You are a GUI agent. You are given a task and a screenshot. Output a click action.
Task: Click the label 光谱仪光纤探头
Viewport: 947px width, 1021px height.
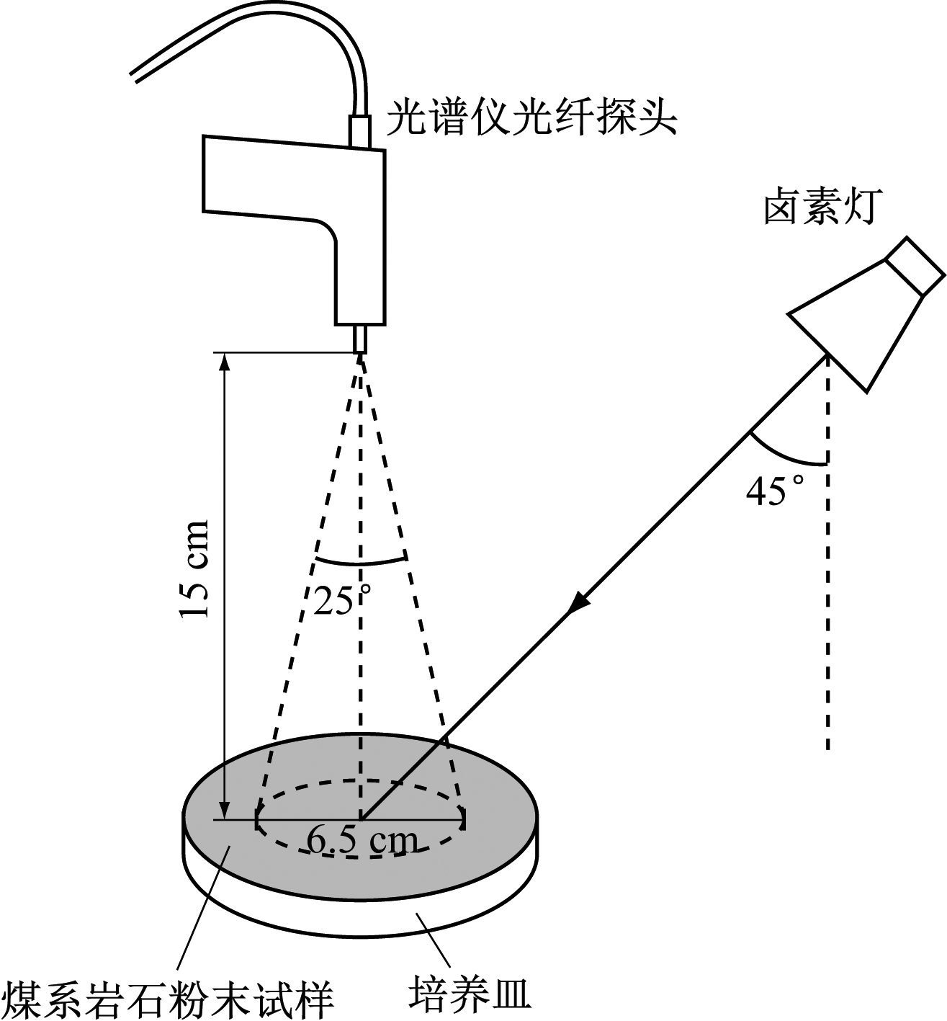[531, 117]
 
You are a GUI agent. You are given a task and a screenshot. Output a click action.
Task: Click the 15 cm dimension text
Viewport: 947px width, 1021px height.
[195, 569]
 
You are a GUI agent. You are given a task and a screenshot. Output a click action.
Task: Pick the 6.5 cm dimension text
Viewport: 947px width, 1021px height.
[362, 841]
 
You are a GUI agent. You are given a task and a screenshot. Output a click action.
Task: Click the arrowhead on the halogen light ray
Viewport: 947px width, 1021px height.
[580, 602]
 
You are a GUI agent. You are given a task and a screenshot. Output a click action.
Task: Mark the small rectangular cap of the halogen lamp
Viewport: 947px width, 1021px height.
[915, 264]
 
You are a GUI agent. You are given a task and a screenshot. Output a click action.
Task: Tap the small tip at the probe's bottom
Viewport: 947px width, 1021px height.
[360, 339]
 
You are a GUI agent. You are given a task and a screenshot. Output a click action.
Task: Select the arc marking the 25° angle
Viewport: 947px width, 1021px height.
[360, 563]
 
